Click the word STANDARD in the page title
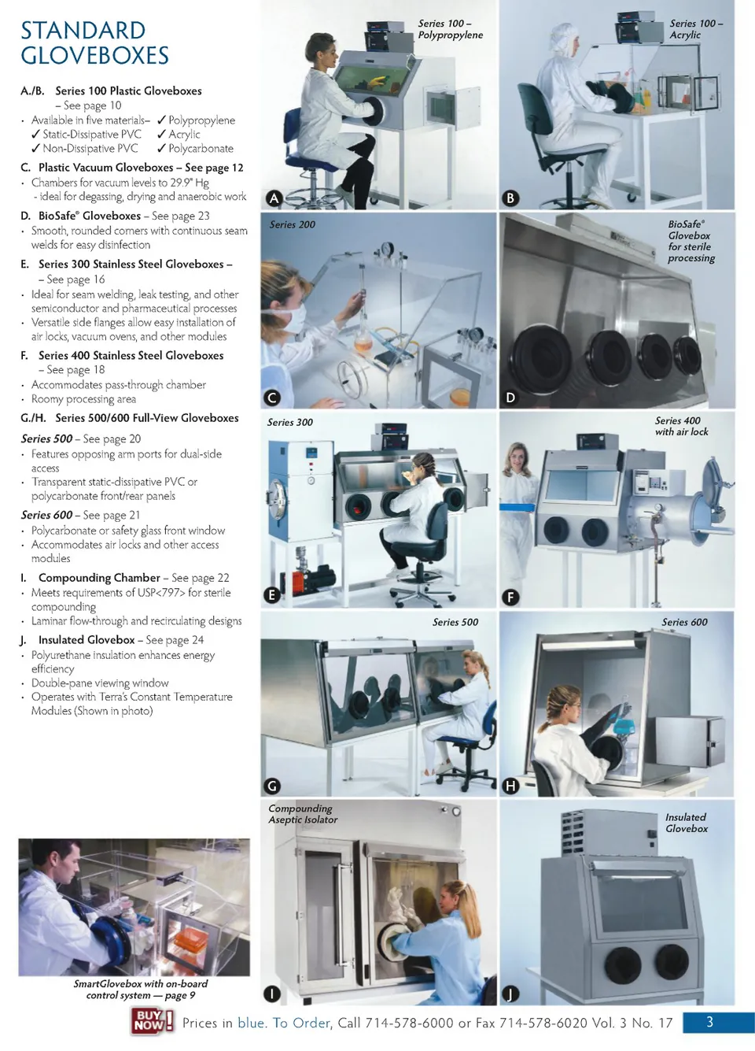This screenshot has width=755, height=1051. point(83,31)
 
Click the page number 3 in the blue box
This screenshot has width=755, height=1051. point(710,1022)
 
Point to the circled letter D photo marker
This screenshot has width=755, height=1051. point(510,398)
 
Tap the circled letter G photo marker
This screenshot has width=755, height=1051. point(272,786)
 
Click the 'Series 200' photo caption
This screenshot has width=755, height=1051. point(292,224)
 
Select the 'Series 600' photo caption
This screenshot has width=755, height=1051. point(685,622)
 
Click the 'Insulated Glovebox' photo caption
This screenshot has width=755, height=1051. point(687,823)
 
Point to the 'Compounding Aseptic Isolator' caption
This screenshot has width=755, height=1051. point(303,814)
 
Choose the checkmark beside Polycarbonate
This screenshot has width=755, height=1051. point(162,148)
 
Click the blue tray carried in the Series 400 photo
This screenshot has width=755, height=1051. point(517,507)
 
